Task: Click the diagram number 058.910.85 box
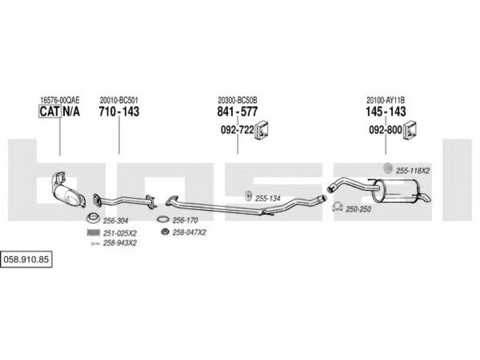[x=26, y=260]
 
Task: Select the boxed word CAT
[x=50, y=112]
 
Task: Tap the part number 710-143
[x=119, y=112]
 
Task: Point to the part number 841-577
[x=237, y=112]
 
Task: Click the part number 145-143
[x=386, y=112]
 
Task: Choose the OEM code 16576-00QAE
[x=59, y=100]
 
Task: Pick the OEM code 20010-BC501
[x=119, y=100]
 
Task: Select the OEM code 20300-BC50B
[x=238, y=100]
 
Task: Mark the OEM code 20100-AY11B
[x=386, y=100]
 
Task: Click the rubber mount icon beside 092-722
[x=262, y=130]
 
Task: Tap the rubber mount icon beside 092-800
[x=410, y=130]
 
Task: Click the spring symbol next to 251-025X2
[x=94, y=233]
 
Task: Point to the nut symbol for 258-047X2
[x=166, y=232]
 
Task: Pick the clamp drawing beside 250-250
[x=337, y=207]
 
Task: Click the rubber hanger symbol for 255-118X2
[x=388, y=168]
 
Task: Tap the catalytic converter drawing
[x=68, y=190]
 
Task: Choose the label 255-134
[x=268, y=199]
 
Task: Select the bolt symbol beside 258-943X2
[x=95, y=244]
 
